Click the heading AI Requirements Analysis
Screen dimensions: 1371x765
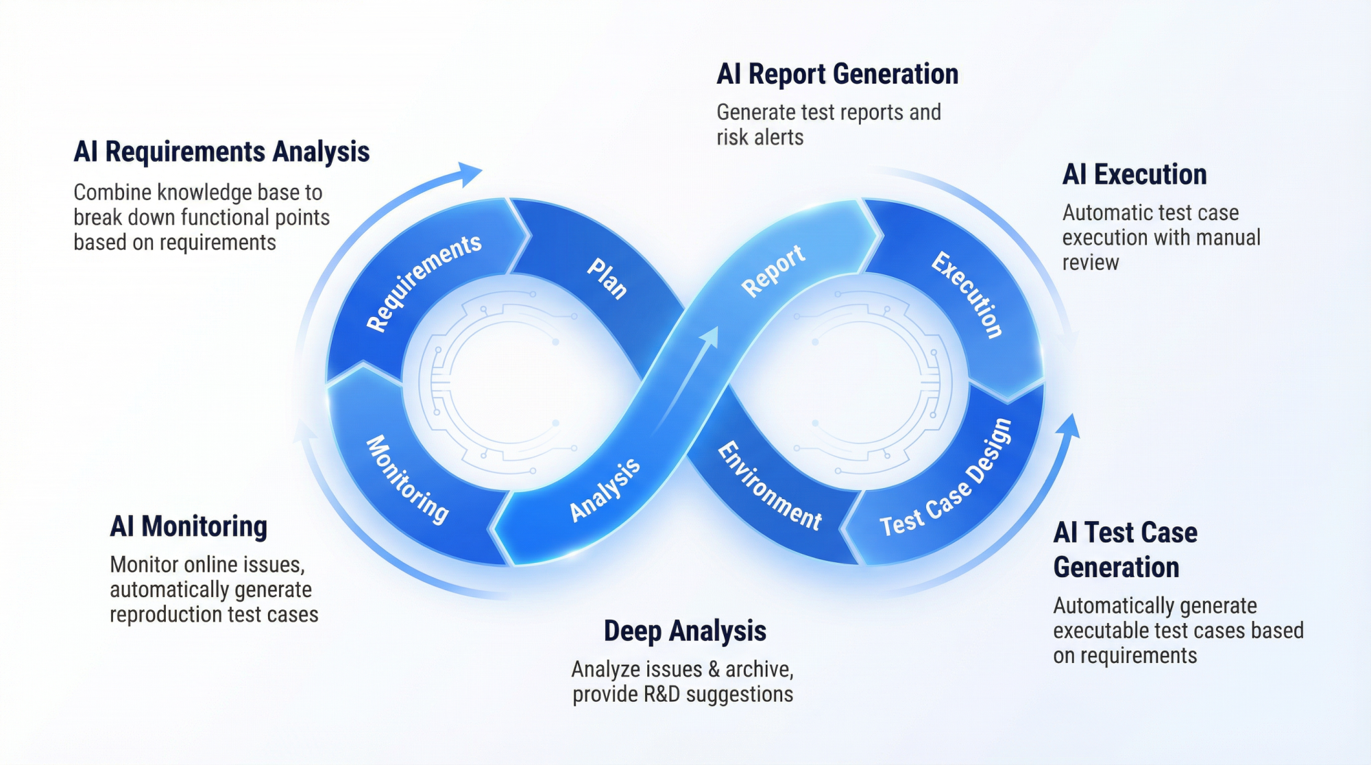coord(221,152)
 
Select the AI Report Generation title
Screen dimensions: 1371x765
coord(838,74)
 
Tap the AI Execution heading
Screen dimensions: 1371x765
coord(1135,175)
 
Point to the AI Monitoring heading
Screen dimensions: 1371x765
coord(189,526)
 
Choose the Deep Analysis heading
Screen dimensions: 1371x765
coord(685,631)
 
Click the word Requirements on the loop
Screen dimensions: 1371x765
coord(424,282)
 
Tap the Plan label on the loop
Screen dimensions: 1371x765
coord(607,278)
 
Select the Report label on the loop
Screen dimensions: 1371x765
coord(773,270)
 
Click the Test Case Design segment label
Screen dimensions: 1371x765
coord(946,478)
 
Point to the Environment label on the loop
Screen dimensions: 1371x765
coord(769,486)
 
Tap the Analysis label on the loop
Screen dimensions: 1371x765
coord(605,489)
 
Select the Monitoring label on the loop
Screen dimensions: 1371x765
coord(407,479)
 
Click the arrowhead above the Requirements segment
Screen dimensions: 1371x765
coord(470,174)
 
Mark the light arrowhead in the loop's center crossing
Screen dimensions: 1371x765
coord(709,337)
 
